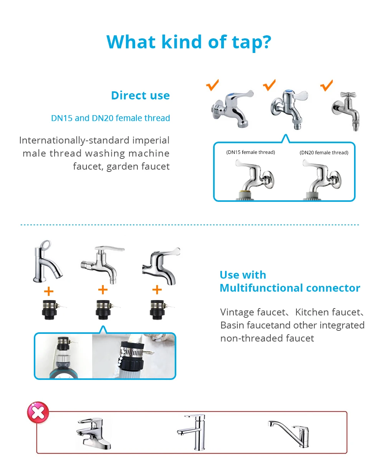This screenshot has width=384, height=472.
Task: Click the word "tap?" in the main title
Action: coord(252,42)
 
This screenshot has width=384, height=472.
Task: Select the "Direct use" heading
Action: coord(140,96)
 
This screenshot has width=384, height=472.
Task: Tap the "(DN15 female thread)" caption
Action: coord(250,152)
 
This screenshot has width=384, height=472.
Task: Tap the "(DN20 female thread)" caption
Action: coord(324,152)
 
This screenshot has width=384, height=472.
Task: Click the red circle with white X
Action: coord(38,412)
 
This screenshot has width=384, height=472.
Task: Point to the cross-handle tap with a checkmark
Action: coord(346,111)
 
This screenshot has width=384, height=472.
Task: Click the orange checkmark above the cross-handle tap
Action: coord(326,85)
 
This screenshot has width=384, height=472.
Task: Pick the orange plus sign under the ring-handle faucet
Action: coord(49,291)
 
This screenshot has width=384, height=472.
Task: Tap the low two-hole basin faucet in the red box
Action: coord(94,434)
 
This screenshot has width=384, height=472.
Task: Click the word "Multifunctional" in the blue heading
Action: coord(262,288)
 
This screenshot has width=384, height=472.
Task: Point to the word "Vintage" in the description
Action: coord(237,312)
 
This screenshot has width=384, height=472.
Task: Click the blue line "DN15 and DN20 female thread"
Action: coord(111,118)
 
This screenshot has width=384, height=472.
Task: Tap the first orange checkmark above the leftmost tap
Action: coord(212,85)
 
